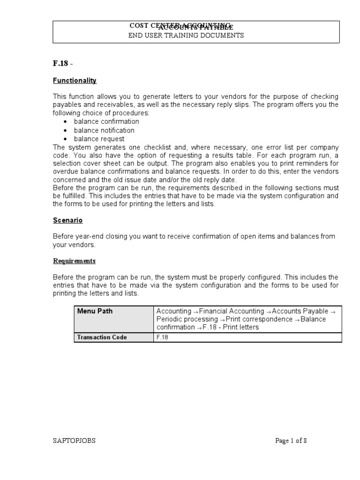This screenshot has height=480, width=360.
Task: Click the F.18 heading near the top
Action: pyautogui.click(x=61, y=64)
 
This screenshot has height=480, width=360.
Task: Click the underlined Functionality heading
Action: pyautogui.click(x=75, y=81)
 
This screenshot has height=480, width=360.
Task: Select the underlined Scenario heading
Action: pyautogui.click(x=67, y=220)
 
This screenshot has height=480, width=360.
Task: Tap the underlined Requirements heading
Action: pyautogui.click(x=74, y=261)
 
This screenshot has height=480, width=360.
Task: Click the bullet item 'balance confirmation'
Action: pyautogui.click(x=106, y=122)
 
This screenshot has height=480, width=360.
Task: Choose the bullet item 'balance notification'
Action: pyautogui.click(x=104, y=130)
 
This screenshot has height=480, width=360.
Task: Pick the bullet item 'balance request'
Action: pyautogui.click(x=99, y=139)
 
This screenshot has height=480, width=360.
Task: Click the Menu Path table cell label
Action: pyautogui.click(x=95, y=311)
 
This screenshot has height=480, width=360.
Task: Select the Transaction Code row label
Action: pyautogui.click(x=102, y=337)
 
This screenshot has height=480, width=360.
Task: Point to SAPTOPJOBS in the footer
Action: pyautogui.click(x=74, y=441)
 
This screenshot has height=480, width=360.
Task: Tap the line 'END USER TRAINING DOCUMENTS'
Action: pyautogui.click(x=186, y=36)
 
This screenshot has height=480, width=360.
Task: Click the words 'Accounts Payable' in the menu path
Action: pyautogui.click(x=300, y=311)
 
